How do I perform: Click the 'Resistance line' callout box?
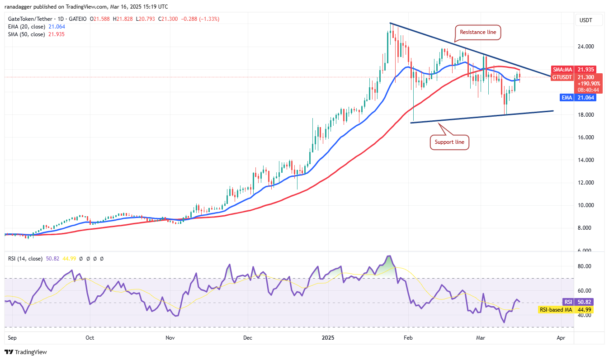478,32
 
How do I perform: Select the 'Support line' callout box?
449,142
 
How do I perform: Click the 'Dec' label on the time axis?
247,337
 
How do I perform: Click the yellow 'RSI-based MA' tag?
556,310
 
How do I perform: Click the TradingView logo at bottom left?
26,352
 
